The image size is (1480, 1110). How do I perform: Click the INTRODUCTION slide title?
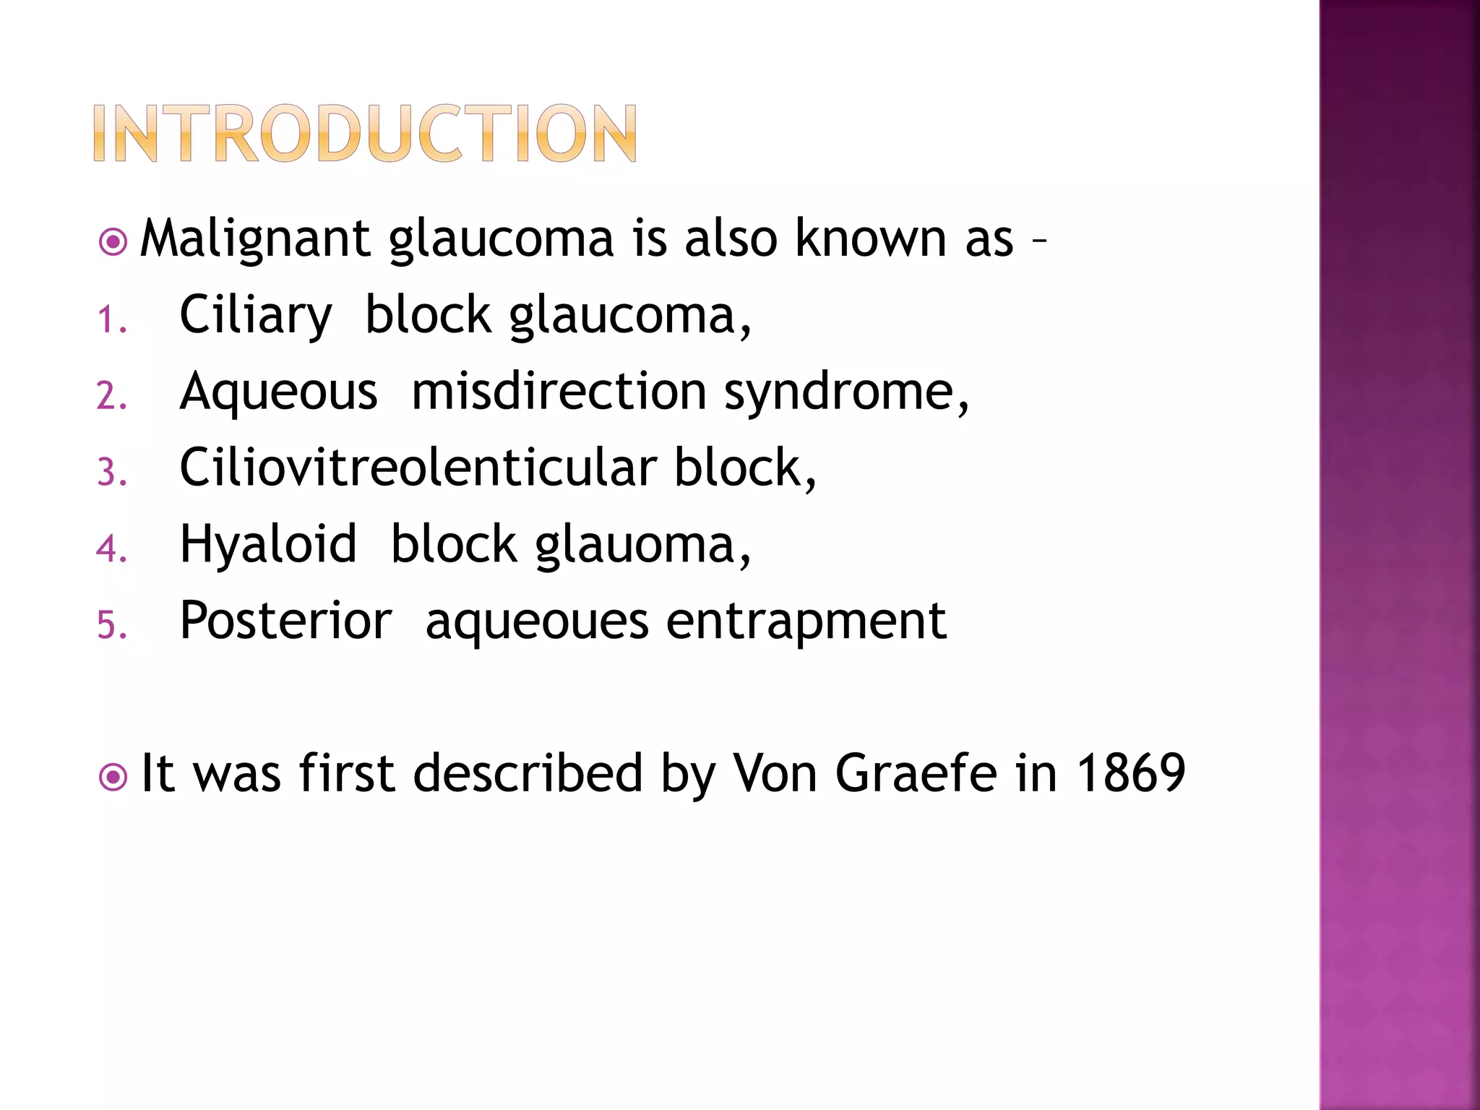[x=365, y=134]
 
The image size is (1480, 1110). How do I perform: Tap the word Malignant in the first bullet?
[x=255, y=239]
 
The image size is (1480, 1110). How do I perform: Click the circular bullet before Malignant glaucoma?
[x=113, y=242]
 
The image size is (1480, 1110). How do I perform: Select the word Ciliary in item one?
[x=255, y=317]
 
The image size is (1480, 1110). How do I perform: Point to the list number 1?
[x=111, y=320]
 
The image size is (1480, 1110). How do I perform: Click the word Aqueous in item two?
[x=278, y=392]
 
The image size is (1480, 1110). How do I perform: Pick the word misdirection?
[x=559, y=392]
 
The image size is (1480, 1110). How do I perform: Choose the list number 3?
[x=111, y=473]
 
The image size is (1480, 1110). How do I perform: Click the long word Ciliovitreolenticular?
[x=418, y=468]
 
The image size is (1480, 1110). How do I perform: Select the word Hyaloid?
[x=268, y=545]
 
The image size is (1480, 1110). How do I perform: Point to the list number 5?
[x=111, y=625]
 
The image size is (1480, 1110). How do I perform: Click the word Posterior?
[x=285, y=621]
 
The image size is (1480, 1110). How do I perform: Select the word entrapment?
[x=806, y=621]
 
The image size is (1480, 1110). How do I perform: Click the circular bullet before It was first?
[x=113, y=778]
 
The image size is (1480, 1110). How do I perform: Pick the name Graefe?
[x=916, y=773]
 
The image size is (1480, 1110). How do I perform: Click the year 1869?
[x=1131, y=773]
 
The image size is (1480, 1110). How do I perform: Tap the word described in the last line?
[x=528, y=773]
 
